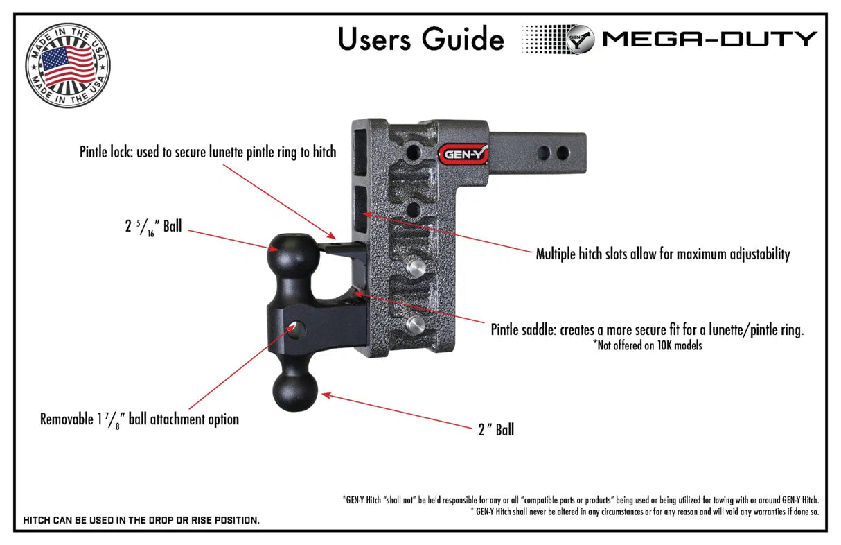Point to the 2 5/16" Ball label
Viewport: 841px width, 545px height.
coord(153,226)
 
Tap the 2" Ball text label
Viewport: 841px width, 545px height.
coord(495,430)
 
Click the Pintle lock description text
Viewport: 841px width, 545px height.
coord(208,152)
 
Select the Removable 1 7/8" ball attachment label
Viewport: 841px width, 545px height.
coord(139,419)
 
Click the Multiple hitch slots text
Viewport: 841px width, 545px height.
coord(663,254)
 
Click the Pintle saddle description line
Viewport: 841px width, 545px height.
coord(647,329)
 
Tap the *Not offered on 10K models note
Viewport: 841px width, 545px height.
coord(647,345)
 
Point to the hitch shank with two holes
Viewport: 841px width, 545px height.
coord(547,151)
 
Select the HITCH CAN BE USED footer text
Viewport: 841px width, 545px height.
coord(141,520)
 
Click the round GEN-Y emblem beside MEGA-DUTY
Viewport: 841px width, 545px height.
coord(581,39)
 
